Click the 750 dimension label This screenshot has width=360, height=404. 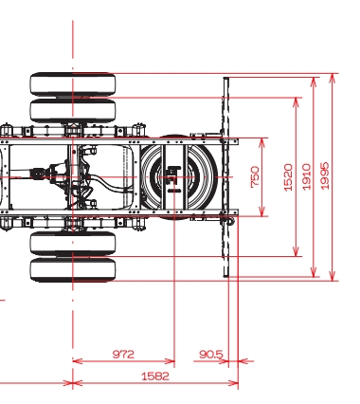coord(255,177)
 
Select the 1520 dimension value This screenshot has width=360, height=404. coord(288,177)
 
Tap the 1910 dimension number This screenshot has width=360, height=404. coord(306,176)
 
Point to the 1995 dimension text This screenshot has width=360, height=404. coord(324,175)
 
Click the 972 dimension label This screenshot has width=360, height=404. coord(123,354)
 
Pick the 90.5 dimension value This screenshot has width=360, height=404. coord(211,354)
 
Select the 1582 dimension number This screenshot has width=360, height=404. coord(155,376)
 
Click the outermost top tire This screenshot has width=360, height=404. coord(73,83)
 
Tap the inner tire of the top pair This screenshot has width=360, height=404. coord(73,110)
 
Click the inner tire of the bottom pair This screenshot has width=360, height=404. coord(73,243)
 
